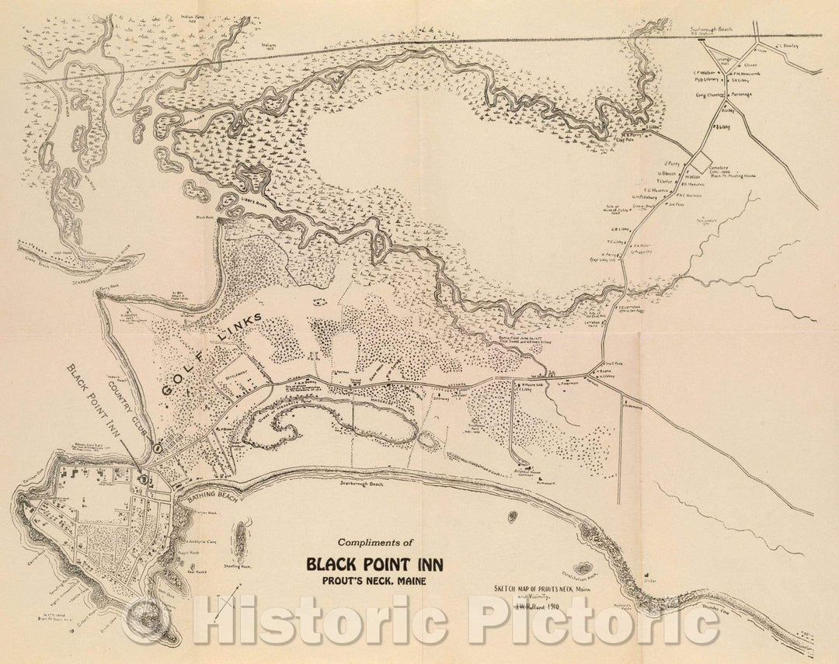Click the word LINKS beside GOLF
(x=241, y=325)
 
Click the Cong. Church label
(x=708, y=94)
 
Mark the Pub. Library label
(x=705, y=79)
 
